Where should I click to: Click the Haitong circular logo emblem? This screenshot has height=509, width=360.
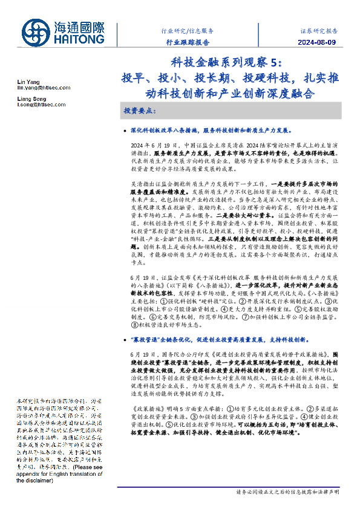[37, 33]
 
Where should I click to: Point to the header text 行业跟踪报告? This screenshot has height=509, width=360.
[188, 42]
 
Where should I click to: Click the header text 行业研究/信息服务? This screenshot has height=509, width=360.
[188, 30]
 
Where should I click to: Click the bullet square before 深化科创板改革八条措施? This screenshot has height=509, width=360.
[124, 130]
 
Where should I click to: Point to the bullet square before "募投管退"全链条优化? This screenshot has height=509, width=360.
[124, 340]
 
